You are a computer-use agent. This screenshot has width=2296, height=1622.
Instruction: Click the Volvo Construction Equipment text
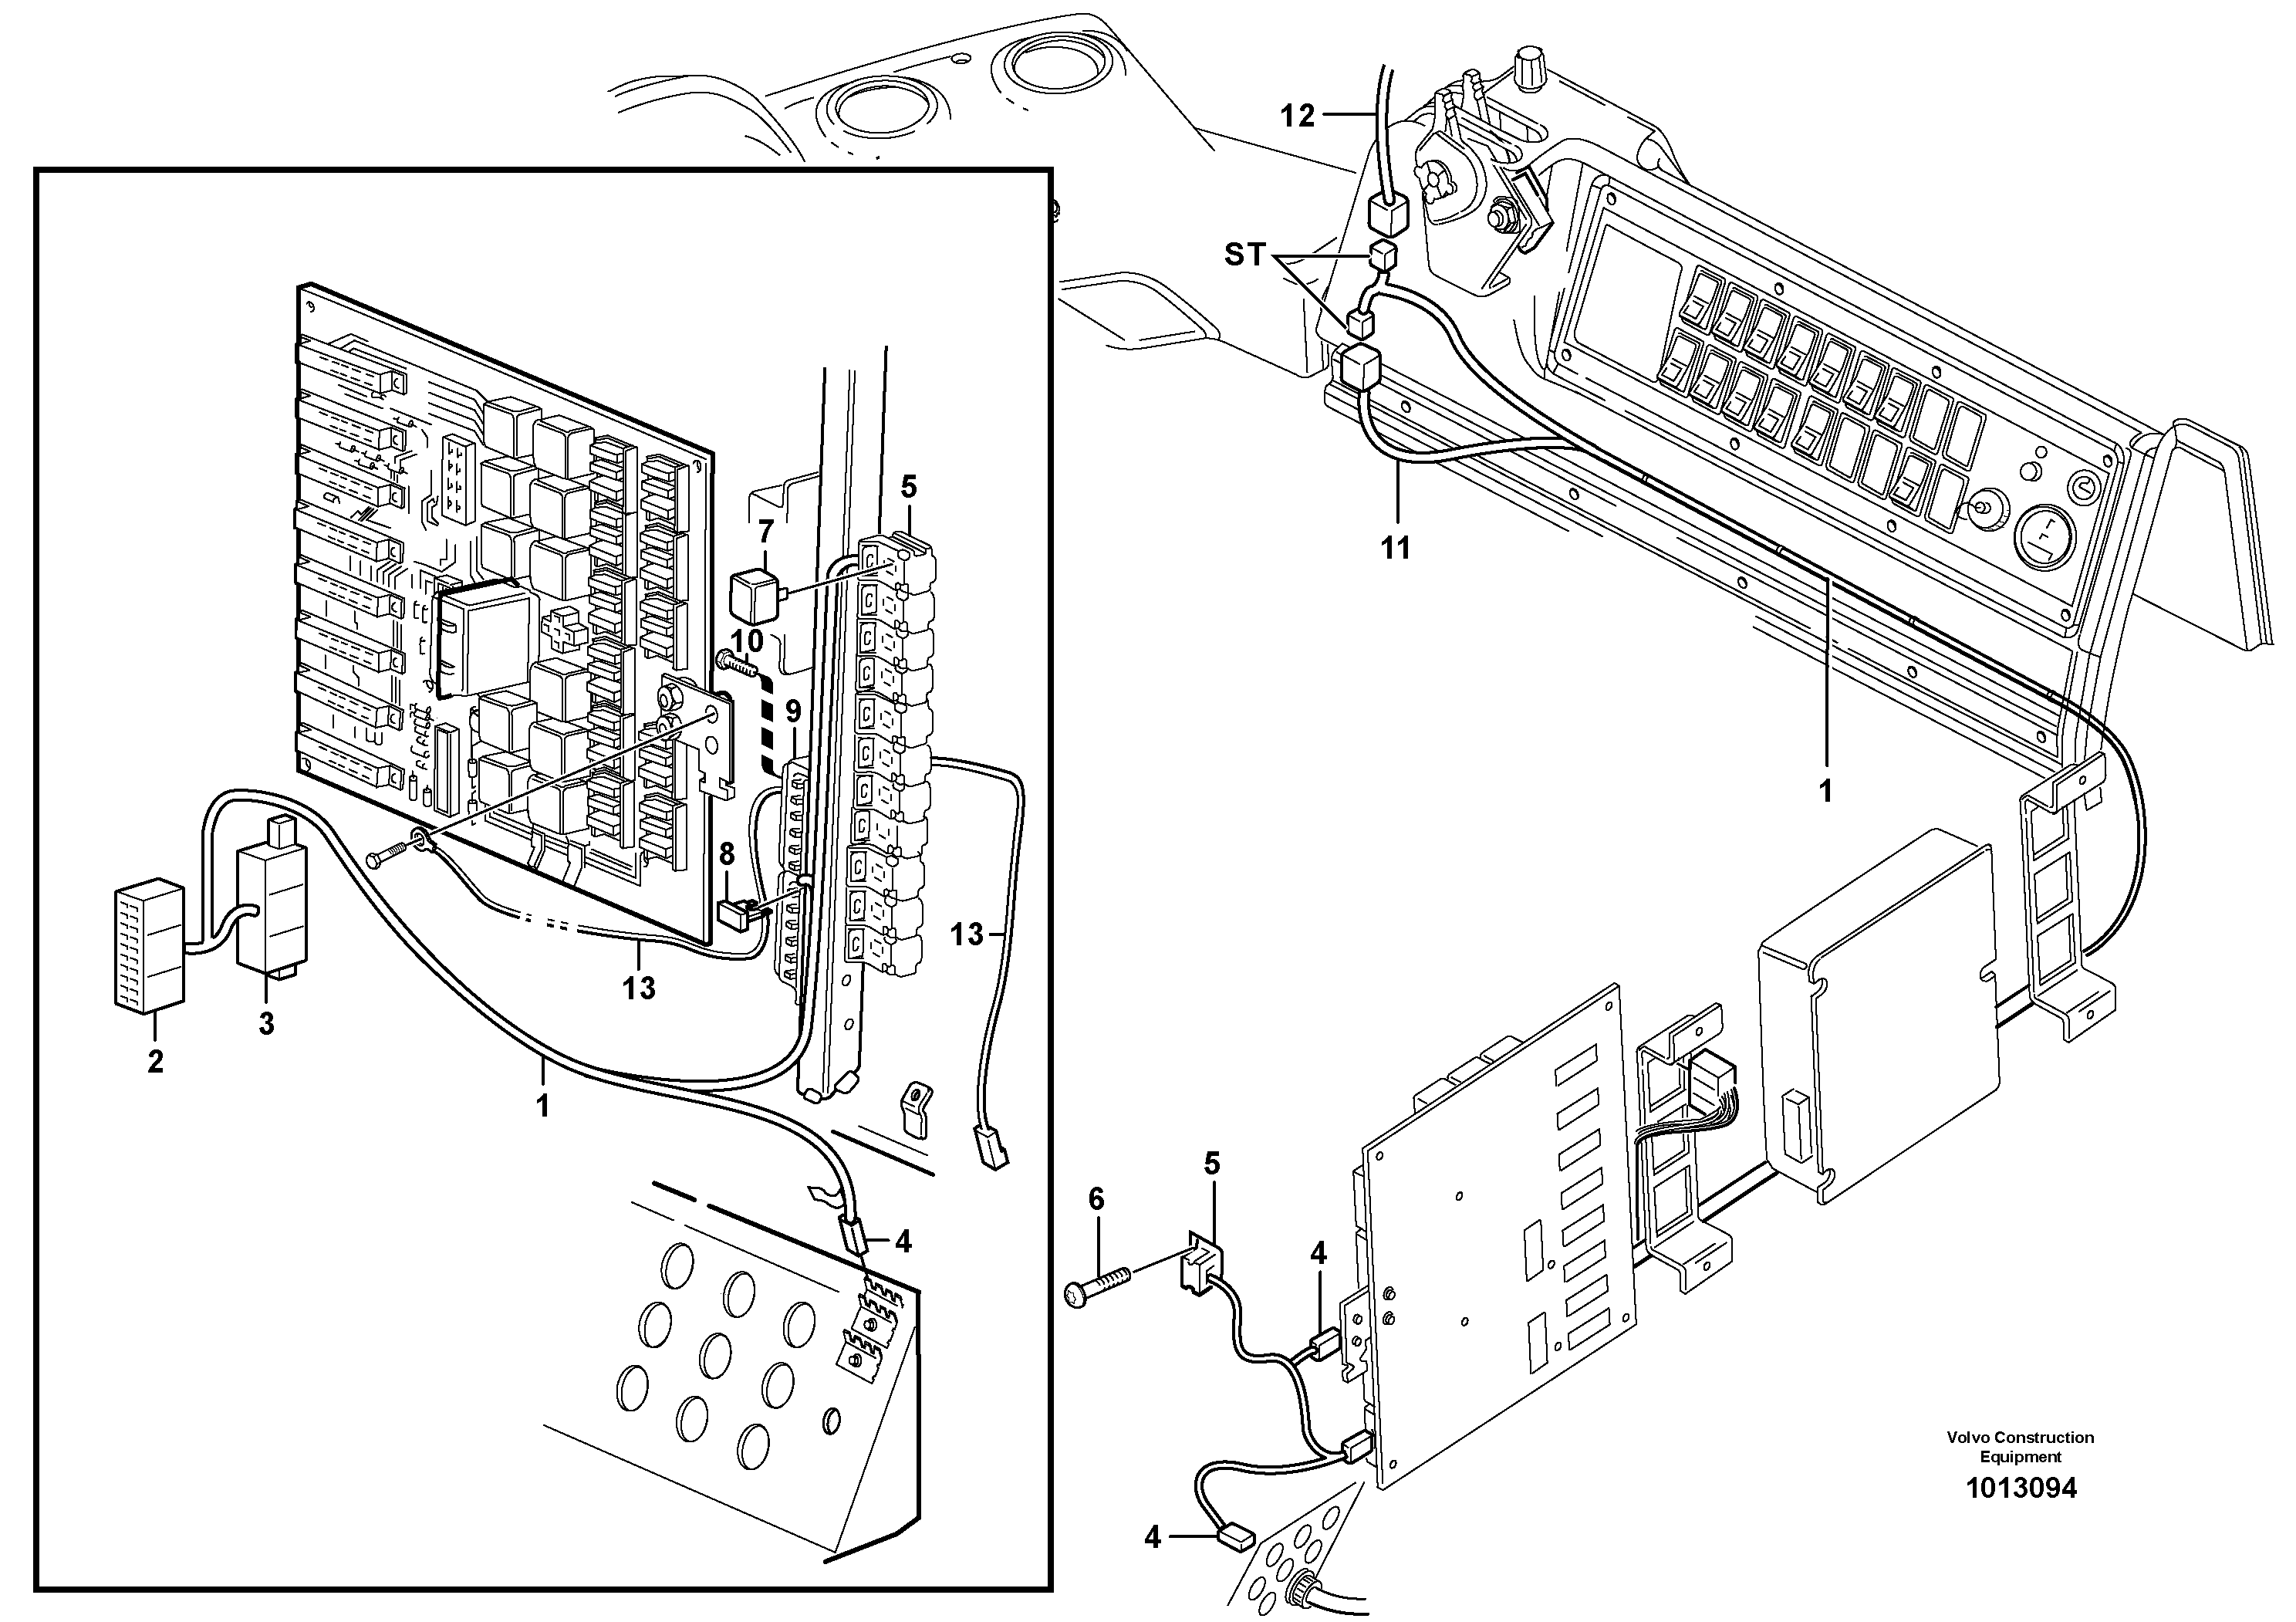2020,1446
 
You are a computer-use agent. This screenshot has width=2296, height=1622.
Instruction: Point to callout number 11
1395,547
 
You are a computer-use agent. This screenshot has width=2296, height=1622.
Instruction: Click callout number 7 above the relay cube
766,531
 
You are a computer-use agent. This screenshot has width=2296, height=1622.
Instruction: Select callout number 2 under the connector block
155,1061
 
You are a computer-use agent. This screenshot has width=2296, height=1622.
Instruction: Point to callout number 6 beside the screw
1096,1198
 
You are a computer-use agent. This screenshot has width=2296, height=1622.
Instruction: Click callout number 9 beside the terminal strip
793,712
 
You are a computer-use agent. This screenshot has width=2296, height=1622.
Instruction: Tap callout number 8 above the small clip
727,854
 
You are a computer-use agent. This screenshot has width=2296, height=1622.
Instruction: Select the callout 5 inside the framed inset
908,487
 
